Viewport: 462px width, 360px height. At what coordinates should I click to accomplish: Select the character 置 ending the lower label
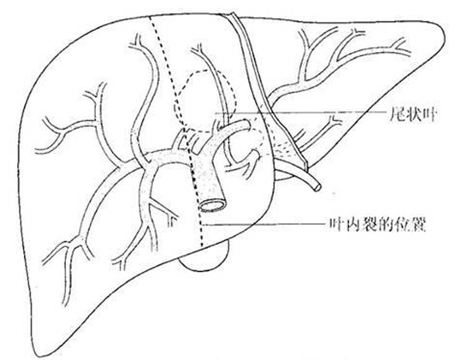pos(418,225)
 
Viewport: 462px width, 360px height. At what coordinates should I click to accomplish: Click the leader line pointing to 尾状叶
pos(300,113)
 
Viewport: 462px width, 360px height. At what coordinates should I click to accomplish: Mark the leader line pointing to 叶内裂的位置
pos(264,225)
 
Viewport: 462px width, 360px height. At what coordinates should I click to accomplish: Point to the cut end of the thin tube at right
pos(317,186)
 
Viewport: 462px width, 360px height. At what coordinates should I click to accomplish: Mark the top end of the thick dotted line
pos(151,17)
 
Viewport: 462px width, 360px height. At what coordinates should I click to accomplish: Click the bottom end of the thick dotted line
pos(202,246)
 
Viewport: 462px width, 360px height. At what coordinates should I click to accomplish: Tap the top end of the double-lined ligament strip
pos(232,15)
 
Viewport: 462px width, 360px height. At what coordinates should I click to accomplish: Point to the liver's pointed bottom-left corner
pos(38,356)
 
